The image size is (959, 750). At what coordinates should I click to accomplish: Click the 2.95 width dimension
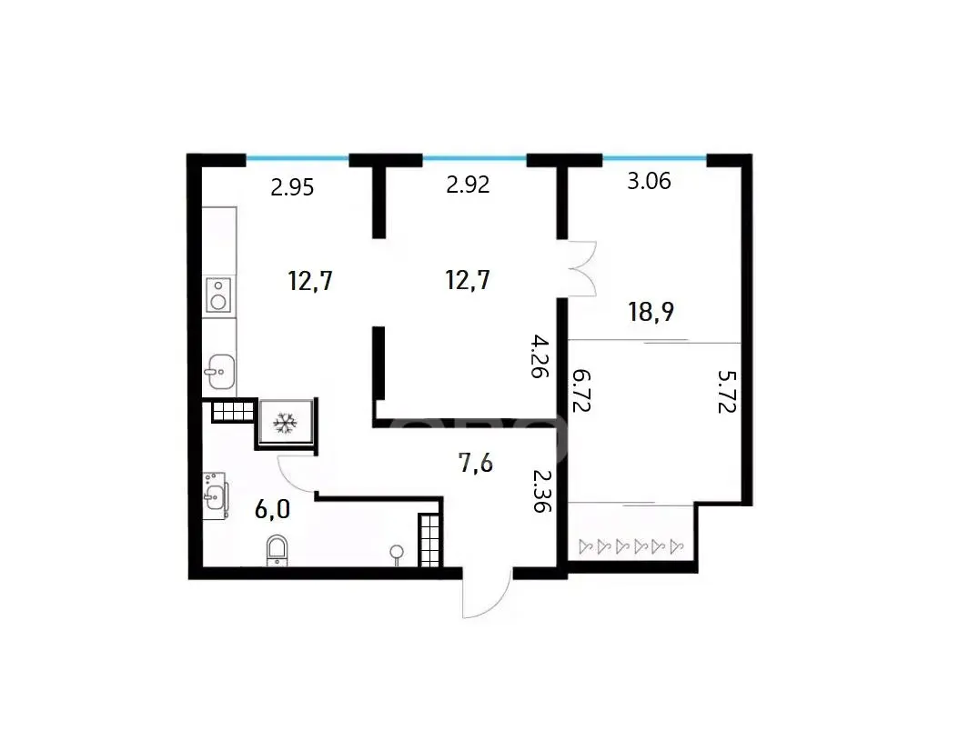pos(292,187)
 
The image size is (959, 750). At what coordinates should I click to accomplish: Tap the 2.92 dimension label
pos(468,185)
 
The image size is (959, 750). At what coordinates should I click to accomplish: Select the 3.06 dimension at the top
pos(649,181)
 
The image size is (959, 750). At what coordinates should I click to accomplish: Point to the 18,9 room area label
pos(651,312)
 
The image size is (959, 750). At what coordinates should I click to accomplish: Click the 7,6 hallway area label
pos(475,464)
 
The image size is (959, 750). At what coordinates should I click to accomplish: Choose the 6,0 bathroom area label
pos(272,509)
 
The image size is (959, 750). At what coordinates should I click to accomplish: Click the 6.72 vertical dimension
pos(581,389)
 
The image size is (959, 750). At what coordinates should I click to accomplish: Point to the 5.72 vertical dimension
pos(727,392)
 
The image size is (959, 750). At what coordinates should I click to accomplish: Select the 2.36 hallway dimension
pos(542,491)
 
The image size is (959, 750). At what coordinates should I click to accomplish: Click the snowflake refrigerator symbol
pos(285,423)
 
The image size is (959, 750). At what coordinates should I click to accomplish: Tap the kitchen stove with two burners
pos(218,295)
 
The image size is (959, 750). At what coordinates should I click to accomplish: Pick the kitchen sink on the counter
pos(219,371)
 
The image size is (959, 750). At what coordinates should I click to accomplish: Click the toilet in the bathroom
pos(278,551)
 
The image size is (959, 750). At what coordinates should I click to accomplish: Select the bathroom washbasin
pos(215,495)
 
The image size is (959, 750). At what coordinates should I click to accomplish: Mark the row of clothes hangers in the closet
pos(631,545)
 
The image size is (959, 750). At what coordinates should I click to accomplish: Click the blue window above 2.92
pos(475,158)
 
